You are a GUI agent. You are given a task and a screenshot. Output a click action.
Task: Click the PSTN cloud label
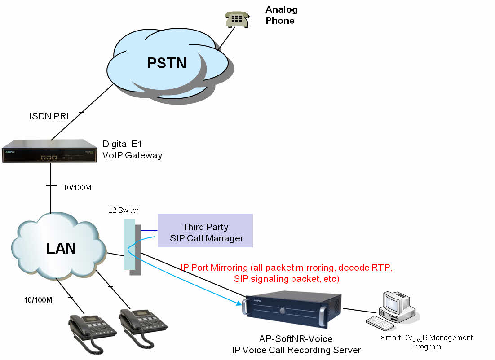coord(167,62)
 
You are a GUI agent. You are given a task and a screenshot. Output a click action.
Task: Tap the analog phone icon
coord(236,18)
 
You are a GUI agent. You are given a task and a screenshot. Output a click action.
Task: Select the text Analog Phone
coord(281,15)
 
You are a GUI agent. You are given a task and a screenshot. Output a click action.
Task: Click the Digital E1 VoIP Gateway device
coord(49,151)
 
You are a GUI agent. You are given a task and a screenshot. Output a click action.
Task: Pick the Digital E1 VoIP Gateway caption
coord(133,150)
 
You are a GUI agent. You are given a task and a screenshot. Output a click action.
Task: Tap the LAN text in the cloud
coord(61,248)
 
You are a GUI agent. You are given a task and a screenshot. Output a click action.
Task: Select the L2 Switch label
coord(124,210)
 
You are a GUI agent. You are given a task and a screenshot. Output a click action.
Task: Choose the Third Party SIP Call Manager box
coord(205,230)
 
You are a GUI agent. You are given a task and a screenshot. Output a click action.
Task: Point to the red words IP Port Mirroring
coord(213,268)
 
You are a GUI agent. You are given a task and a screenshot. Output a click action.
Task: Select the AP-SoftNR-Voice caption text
coord(296,338)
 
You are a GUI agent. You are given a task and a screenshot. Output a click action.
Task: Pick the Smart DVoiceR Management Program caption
coord(426,342)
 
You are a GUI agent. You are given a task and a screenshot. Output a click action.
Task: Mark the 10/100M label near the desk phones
coord(38,299)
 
